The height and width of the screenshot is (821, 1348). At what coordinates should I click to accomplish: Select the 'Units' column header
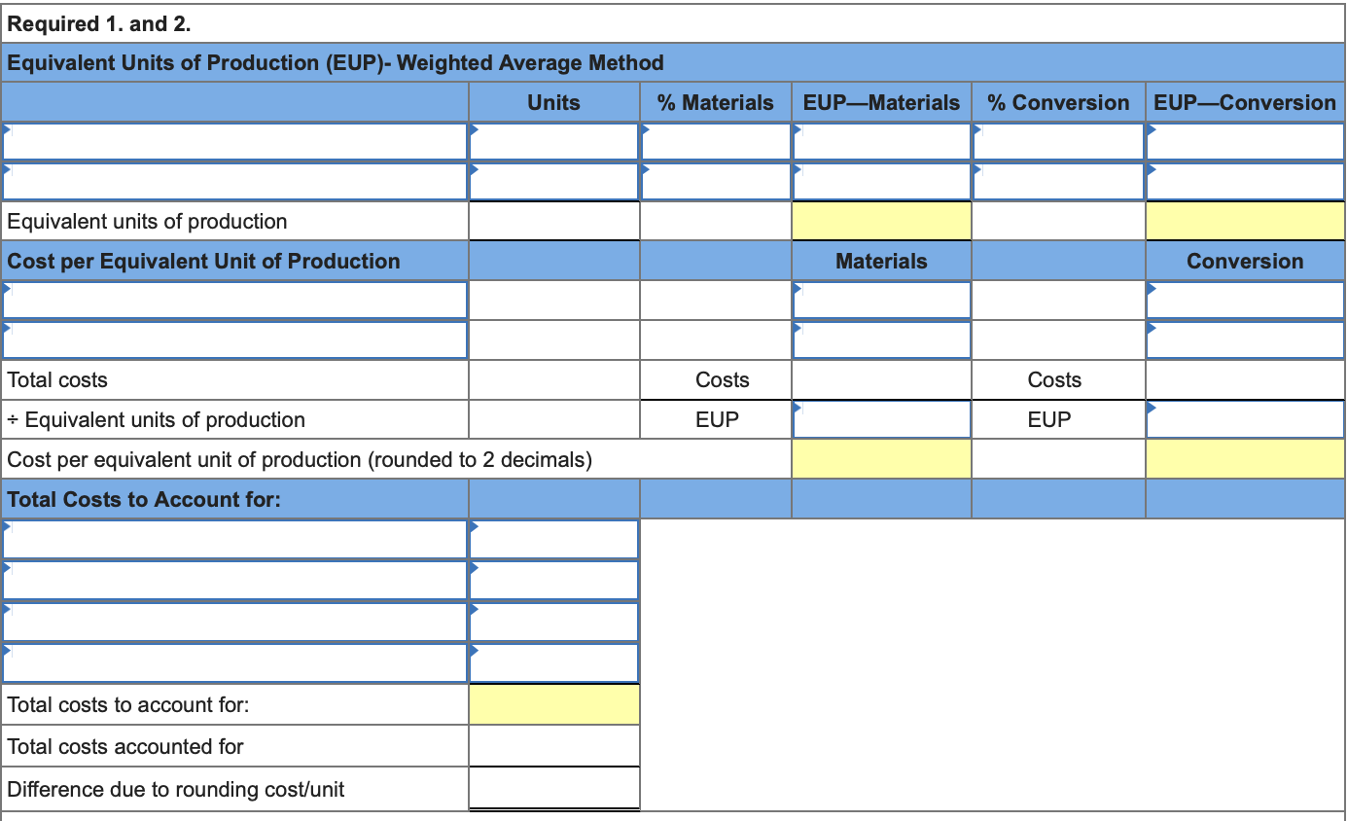point(553,102)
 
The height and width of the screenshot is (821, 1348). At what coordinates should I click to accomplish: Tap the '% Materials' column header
point(716,102)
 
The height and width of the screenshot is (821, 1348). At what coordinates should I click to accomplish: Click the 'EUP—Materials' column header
point(881,102)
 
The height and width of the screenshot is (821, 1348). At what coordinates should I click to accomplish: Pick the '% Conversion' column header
point(1058,102)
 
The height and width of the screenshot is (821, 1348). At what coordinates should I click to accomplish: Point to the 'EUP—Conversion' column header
point(1245,102)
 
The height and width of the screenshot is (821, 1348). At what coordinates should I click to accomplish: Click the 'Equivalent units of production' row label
point(147,222)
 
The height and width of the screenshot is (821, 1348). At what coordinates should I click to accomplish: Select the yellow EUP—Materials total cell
point(881,222)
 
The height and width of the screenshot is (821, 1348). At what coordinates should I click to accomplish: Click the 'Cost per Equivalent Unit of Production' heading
point(203,262)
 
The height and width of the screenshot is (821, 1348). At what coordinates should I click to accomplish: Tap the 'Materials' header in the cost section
point(881,262)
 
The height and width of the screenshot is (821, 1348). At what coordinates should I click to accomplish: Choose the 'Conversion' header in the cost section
point(1245,262)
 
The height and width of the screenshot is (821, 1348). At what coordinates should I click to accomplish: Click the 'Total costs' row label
point(57,380)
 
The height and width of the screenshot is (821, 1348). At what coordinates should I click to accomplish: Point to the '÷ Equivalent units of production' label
point(156,420)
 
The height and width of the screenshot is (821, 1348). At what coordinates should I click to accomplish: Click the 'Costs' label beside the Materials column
point(723,380)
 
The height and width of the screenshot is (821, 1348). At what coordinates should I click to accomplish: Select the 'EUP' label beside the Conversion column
point(1049,420)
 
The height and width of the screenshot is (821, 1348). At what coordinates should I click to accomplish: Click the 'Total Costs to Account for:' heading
point(144,500)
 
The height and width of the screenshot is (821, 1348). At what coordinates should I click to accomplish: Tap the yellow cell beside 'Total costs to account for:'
point(554,705)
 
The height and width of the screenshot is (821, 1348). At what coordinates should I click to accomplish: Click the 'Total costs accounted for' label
point(125,747)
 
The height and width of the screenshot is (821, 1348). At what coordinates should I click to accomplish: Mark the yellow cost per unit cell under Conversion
point(1245,459)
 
